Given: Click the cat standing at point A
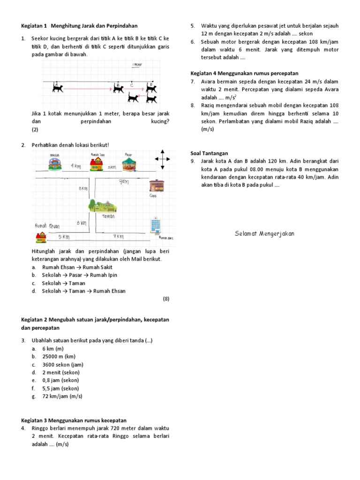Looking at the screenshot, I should (x=57, y=88).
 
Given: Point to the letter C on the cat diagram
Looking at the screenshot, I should (x=132, y=85).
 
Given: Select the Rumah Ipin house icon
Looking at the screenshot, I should (x=97, y=164).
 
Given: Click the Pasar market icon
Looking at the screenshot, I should (x=128, y=164).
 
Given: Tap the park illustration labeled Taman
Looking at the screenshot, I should (x=103, y=206).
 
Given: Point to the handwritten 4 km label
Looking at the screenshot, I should (x=75, y=166).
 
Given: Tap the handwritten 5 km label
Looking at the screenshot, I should (x=64, y=237).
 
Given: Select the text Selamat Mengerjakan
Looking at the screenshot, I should (x=264, y=234).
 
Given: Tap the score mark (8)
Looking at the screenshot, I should (x=165, y=299).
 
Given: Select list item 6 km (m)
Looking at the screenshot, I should (x=52, y=349).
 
